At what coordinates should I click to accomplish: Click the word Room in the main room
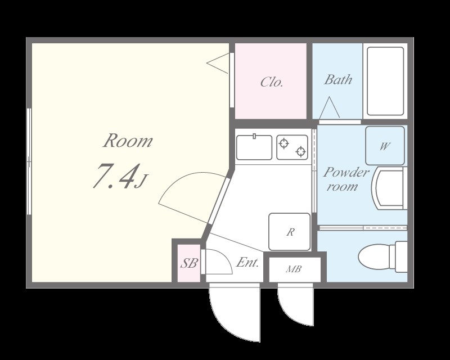[128, 141]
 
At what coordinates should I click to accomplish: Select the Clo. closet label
[272, 82]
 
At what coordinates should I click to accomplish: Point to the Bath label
[338, 79]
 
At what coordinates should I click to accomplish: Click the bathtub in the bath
[385, 81]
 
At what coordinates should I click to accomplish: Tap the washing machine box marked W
[385, 146]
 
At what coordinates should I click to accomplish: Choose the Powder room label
[346, 179]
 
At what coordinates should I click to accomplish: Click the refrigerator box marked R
[289, 232]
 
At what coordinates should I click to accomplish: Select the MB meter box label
[294, 269]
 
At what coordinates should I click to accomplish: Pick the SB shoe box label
[188, 263]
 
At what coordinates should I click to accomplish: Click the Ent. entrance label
[247, 262]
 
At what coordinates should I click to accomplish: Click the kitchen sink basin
[254, 147]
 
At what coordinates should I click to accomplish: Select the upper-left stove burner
[284, 143]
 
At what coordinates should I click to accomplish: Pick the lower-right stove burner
[300, 151]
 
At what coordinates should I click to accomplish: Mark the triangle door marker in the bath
[329, 107]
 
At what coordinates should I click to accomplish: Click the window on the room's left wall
[29, 161]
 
